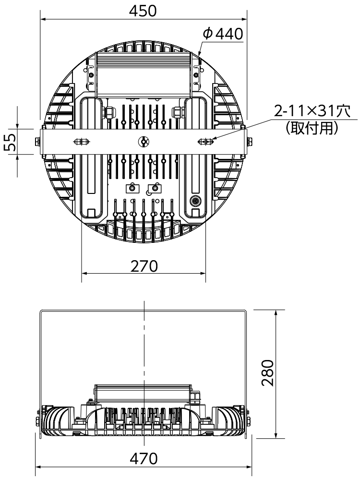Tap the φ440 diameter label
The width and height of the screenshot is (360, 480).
coord(223,34)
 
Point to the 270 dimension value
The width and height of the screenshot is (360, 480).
coord(144,266)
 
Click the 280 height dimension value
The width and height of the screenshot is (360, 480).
coord(268,373)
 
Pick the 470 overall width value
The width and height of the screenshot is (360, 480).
coord(144,458)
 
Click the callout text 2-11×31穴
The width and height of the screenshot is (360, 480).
coord(312,111)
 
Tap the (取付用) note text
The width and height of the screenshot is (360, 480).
coord(312,128)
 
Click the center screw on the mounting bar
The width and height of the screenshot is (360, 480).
coord(143,142)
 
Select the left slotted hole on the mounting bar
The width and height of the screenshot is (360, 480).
coord(82,142)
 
